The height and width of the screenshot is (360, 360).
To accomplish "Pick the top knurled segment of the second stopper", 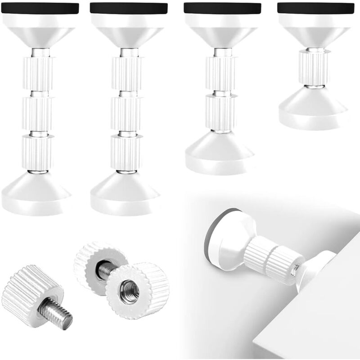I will pyautogui.click(x=127, y=73).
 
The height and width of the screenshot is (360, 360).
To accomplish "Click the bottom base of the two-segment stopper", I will pyautogui.click(x=220, y=153).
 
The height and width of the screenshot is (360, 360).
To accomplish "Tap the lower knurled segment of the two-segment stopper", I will pyautogui.click(x=220, y=113).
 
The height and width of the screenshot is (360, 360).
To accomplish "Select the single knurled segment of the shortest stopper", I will pyautogui.click(x=314, y=67).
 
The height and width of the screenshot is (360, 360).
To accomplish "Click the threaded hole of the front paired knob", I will pyautogui.click(x=130, y=290).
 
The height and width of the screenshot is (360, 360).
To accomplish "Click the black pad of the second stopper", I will pyautogui.click(x=129, y=8).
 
